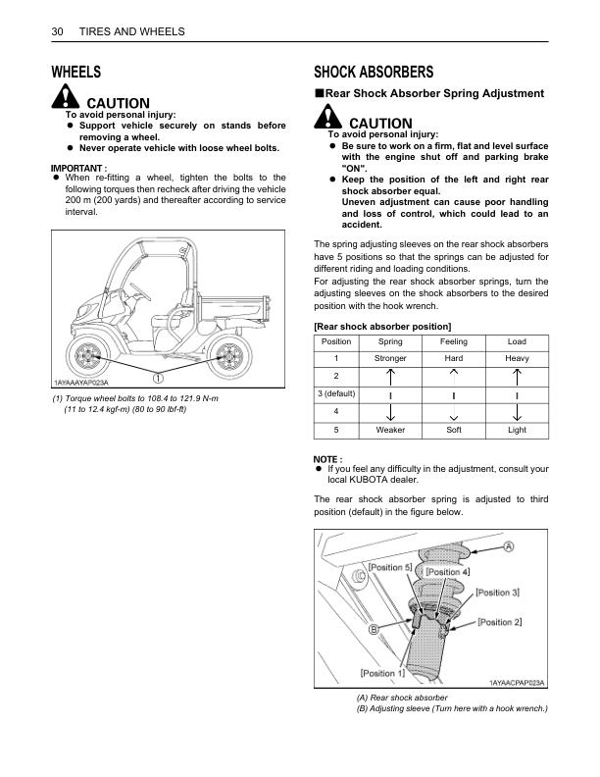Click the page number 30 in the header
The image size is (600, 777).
click(x=57, y=32)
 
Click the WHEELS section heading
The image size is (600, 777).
click(x=75, y=72)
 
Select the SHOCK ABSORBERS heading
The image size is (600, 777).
click(x=374, y=72)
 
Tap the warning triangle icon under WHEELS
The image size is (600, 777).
click(x=66, y=98)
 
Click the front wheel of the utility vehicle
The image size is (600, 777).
click(x=87, y=352)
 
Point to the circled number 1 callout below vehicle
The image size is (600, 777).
click(x=156, y=377)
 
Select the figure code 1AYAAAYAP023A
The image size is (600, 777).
click(x=81, y=382)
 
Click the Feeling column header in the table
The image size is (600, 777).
click(x=453, y=341)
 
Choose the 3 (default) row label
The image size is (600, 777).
click(x=336, y=394)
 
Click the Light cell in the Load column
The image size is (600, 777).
click(x=517, y=430)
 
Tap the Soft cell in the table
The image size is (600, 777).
click(x=453, y=430)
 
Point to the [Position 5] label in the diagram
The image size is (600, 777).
click(x=389, y=567)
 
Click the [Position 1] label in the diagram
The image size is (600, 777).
click(x=382, y=673)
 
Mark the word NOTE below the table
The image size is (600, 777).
click(x=327, y=459)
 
